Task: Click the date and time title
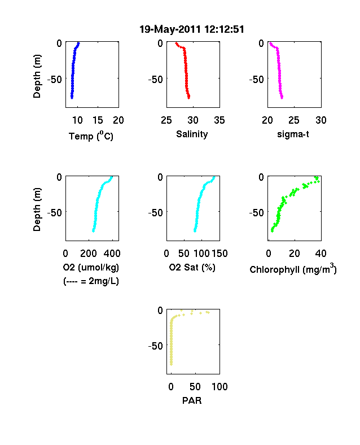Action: pyautogui.click(x=192, y=29)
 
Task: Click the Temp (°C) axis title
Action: pyautogui.click(x=91, y=136)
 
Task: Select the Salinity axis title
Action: pyautogui.click(x=192, y=134)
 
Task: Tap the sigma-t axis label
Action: pyautogui.click(x=293, y=134)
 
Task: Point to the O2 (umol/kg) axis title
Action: pyautogui.click(x=91, y=267)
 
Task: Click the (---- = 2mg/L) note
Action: pyautogui.click(x=91, y=281)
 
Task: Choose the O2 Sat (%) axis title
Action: pyautogui.click(x=192, y=267)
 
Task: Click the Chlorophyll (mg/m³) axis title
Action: pyautogui.click(x=293, y=268)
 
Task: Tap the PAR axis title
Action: pyautogui.click(x=192, y=400)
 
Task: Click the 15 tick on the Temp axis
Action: pyautogui.click(x=98, y=120)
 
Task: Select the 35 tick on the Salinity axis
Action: pyautogui.click(x=219, y=120)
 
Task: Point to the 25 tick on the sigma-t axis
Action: pyautogui.click(x=294, y=120)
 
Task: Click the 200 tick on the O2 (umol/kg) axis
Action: pyautogui.click(x=89, y=254)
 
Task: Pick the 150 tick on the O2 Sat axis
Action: pyautogui.click(x=219, y=254)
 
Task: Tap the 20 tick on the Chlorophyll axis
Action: pyautogui.click(x=295, y=254)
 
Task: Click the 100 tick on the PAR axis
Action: pyautogui.click(x=219, y=386)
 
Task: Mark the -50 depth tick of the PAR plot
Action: pyautogui.click(x=155, y=346)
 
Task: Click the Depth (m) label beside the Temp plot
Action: pyautogui.click(x=37, y=76)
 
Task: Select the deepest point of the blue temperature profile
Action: pyautogui.click(x=72, y=98)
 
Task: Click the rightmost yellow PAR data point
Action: pyautogui.click(x=208, y=312)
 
